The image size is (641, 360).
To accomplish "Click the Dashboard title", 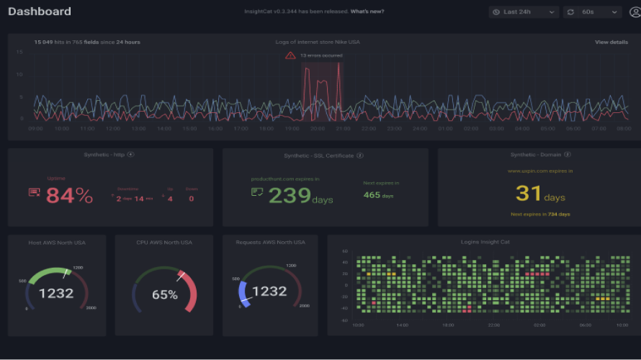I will [x=40, y=12].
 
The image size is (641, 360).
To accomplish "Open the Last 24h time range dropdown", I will [x=524, y=12].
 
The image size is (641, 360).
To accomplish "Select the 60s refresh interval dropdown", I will [x=592, y=12].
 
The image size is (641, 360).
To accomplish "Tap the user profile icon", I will [x=635, y=12].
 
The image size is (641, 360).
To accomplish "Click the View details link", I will [x=611, y=42].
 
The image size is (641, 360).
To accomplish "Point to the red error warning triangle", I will [x=290, y=55].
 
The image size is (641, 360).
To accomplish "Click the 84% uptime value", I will [x=69, y=195].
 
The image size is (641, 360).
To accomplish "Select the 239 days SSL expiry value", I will [x=291, y=195].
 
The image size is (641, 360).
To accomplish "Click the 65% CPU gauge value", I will [x=164, y=294].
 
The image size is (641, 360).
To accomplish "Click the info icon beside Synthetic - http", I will [x=131, y=155].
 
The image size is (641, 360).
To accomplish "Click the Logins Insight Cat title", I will [x=485, y=242].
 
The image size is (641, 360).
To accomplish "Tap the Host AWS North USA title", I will [x=56, y=242].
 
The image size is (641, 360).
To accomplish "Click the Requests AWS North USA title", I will [x=270, y=242].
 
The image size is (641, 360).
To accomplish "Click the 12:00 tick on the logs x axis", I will [x=112, y=129].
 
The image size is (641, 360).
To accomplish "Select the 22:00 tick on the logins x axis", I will [x=493, y=325].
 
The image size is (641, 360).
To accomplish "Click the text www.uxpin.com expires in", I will [x=540, y=171].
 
